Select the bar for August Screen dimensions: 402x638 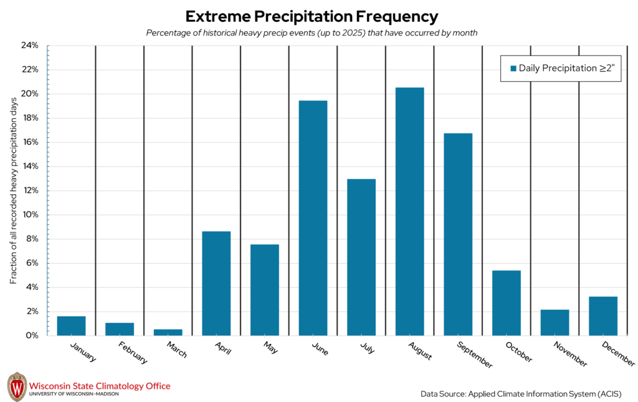(409, 211)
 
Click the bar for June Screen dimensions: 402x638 (313, 218)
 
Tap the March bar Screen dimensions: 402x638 (168, 332)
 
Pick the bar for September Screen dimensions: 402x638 (458, 234)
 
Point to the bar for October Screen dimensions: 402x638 (506, 303)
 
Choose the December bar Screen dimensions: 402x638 (602, 316)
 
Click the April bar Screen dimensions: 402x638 (216, 284)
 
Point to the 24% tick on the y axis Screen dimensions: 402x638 (30, 45)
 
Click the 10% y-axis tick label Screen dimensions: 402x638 (30, 214)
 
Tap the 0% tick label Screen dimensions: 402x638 (32, 335)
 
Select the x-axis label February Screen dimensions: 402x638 (131, 353)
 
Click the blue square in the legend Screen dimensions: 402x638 (513, 69)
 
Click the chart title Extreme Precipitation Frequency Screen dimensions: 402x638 (312, 16)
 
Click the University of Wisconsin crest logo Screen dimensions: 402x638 (17, 387)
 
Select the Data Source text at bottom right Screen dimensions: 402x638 (521, 393)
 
